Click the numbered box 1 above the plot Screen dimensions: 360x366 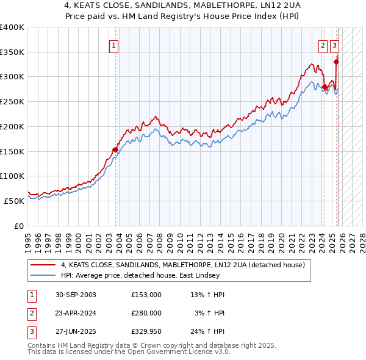point(115,45)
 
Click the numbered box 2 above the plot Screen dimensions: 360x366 point(323,45)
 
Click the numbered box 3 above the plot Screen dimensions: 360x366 point(335,45)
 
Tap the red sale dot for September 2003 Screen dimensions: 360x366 point(115,149)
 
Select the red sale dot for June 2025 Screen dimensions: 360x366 point(336,61)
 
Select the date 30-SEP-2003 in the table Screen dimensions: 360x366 point(76,295)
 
